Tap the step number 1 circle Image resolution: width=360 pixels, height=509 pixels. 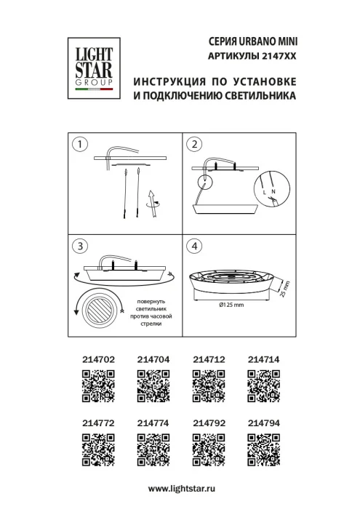(81, 144)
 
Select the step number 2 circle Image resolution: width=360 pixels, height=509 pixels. (193, 144)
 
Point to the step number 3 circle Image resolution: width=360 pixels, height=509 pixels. (81, 246)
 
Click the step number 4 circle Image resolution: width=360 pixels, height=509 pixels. (193, 246)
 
